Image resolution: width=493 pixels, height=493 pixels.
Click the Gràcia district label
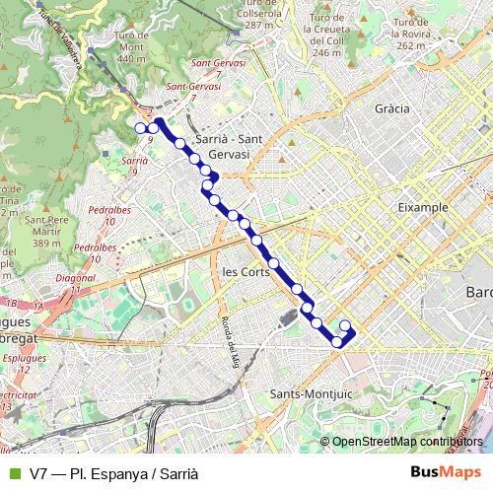392,108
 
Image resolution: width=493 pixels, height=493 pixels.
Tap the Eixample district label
422,208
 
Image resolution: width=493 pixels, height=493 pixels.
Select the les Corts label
246,271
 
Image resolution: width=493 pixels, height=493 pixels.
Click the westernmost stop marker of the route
140,127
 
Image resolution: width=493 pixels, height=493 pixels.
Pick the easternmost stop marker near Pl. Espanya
345,326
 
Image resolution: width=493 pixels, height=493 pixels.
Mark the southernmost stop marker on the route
337,342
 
